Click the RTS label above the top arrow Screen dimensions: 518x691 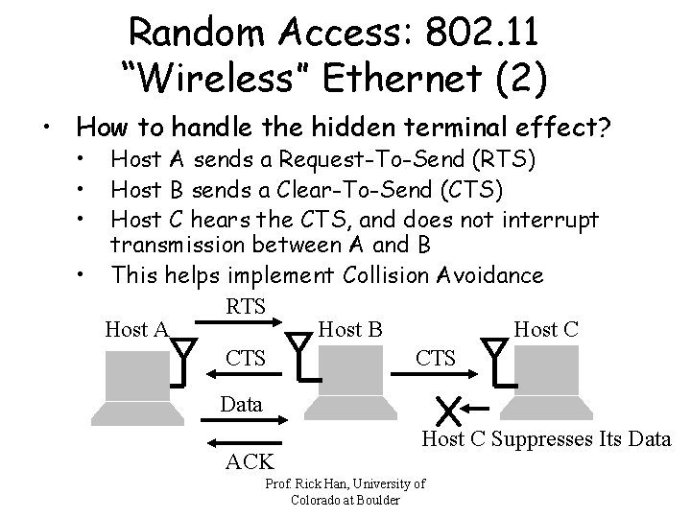245,306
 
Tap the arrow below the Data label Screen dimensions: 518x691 246,419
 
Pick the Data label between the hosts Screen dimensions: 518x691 241,404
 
